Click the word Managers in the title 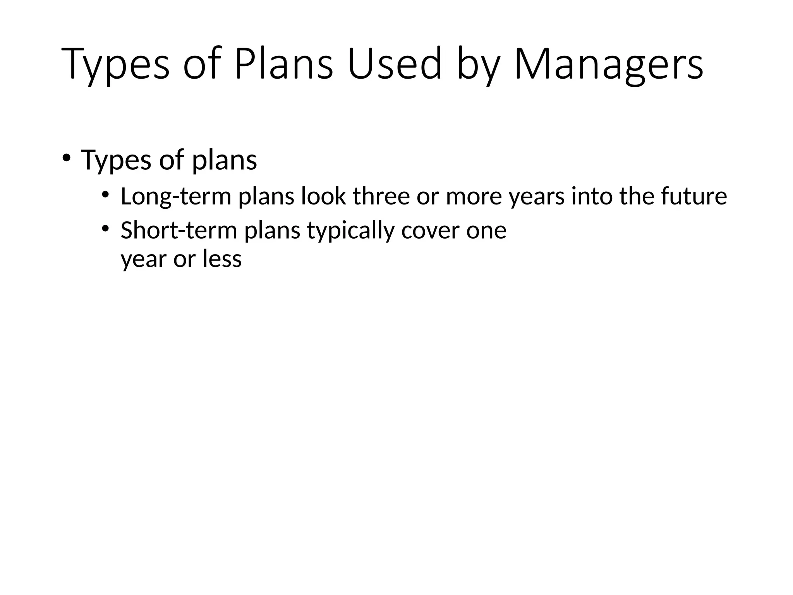click(x=608, y=64)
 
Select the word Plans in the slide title click(x=283, y=64)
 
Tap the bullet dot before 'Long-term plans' click(x=105, y=195)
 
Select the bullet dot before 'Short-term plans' click(x=105, y=229)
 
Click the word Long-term click(x=176, y=196)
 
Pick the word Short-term click(x=179, y=230)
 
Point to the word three click(x=381, y=196)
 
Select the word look click(x=323, y=196)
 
